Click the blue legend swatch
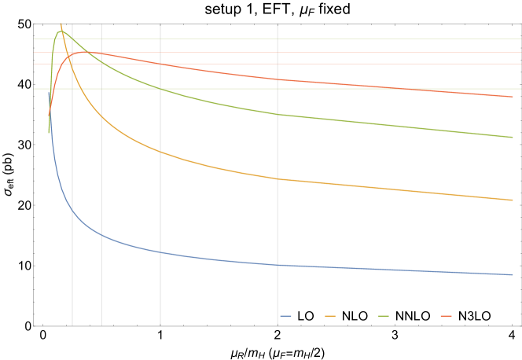point(285,316)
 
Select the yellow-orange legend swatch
point(330,316)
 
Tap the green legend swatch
point(384,316)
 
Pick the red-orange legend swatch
point(446,316)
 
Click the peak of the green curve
point(61,31)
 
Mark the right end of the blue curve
point(513,274)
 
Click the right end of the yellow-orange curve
point(513,200)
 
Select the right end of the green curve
point(513,137)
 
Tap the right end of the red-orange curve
point(513,97)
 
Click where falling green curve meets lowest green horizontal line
point(160,89)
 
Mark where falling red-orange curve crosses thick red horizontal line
point(160,64)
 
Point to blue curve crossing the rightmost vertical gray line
point(278,265)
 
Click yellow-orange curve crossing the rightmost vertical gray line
point(278,179)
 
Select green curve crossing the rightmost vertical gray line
point(278,114)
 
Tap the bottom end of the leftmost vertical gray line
point(72,325)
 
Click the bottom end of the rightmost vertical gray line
point(278,325)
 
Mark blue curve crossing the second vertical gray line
point(101,233)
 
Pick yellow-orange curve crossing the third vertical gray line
point(160,151)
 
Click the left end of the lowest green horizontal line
point(34,89)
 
